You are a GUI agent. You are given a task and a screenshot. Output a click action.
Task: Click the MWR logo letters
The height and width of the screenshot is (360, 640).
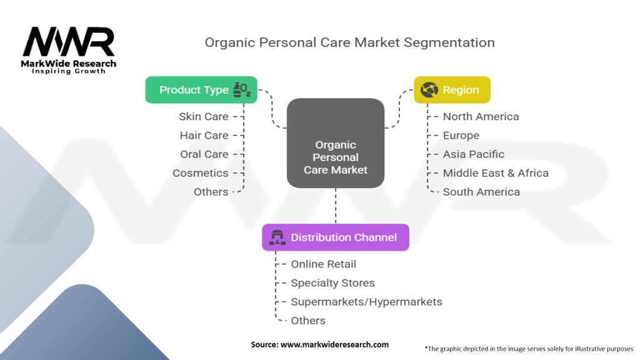tap(69, 42)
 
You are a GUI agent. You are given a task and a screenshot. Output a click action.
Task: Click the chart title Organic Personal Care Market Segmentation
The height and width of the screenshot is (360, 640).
tap(349, 42)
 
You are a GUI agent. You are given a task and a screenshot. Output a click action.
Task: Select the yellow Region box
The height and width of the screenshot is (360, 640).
tap(452, 90)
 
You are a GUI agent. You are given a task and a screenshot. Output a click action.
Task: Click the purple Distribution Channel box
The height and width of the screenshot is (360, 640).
tap(336, 237)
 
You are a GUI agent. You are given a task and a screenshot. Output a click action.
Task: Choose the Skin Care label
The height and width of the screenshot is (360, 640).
tap(203, 116)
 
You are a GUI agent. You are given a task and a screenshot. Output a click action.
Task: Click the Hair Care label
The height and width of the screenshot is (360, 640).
tap(204, 135)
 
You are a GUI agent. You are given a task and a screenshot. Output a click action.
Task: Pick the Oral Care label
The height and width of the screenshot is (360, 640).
tap(204, 154)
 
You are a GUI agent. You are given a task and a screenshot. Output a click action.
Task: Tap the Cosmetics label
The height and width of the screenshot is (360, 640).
tap(200, 172)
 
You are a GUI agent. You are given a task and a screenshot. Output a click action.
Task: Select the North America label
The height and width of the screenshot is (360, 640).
tap(481, 116)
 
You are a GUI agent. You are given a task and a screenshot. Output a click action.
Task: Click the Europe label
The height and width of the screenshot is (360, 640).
tap(461, 135)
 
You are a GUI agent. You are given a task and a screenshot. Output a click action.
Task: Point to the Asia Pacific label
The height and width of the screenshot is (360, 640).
tap(473, 154)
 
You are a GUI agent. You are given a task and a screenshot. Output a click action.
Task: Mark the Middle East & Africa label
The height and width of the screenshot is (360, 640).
tap(496, 172)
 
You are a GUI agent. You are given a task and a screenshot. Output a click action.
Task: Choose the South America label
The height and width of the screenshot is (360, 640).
tap(481, 192)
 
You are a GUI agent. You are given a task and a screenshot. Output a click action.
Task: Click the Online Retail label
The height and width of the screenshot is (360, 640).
tap(323, 264)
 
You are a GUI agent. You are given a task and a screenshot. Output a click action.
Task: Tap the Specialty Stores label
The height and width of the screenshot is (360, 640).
tap(332, 282)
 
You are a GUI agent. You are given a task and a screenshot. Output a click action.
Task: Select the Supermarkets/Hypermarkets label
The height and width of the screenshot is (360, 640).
tap(366, 301)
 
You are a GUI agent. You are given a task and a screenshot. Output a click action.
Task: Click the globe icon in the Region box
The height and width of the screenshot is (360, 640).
tap(429, 90)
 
